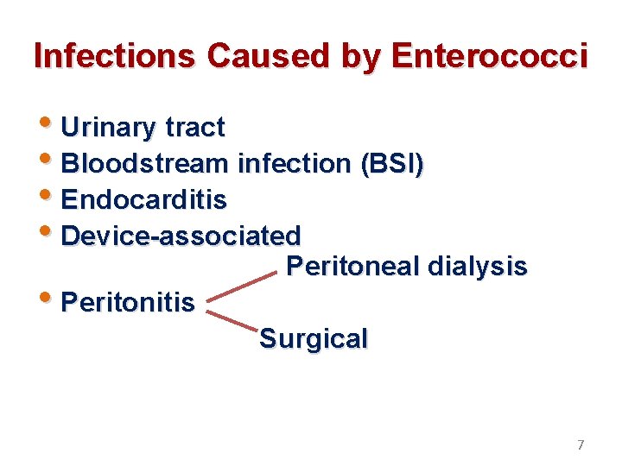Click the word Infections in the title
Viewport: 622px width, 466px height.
[115, 56]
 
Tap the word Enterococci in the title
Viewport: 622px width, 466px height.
[489, 56]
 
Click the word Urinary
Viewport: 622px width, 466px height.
[110, 128]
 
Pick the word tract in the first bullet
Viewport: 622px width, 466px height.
[194, 128]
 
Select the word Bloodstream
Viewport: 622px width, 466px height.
[145, 163]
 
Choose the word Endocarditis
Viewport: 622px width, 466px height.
[144, 199]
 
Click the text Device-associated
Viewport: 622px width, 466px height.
[181, 235]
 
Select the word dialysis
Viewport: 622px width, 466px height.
[476, 267]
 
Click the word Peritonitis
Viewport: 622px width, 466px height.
[129, 303]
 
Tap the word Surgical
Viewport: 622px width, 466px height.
[314, 338]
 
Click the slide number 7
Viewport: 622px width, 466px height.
[581, 445]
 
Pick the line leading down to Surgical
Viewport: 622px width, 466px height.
[233, 317]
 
